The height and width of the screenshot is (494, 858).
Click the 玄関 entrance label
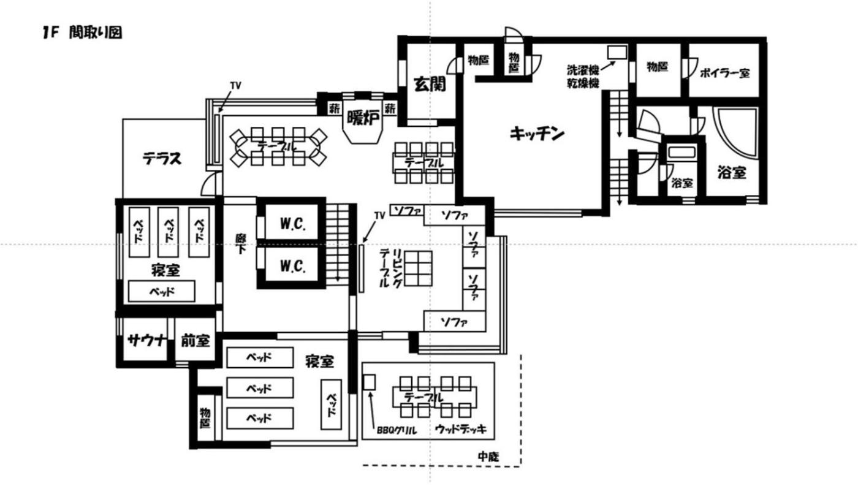[x=430, y=84]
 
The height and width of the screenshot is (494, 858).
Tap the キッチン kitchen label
[x=537, y=134]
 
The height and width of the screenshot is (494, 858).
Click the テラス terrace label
[x=162, y=158]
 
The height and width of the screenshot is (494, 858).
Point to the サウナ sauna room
[x=145, y=340]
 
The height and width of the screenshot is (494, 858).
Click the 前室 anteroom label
[x=196, y=340]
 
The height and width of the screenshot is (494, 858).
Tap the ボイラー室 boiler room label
[x=724, y=73]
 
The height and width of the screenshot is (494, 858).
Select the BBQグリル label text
[x=397, y=430]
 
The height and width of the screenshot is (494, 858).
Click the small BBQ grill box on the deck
[x=369, y=382]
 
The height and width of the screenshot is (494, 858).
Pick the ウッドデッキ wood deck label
[x=461, y=429]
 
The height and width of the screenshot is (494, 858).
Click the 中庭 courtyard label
[x=488, y=457]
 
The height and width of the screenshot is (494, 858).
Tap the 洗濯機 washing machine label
[x=583, y=70]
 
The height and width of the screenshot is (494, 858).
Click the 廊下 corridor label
[x=241, y=244]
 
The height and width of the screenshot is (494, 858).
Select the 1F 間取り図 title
[x=82, y=32]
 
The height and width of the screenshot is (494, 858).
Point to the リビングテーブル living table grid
[x=418, y=269]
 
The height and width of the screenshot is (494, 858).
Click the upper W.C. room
[x=292, y=222]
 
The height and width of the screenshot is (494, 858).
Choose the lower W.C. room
[x=292, y=265]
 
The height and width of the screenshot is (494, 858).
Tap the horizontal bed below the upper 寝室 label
[x=161, y=291]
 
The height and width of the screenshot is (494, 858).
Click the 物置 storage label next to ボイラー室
[x=657, y=67]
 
